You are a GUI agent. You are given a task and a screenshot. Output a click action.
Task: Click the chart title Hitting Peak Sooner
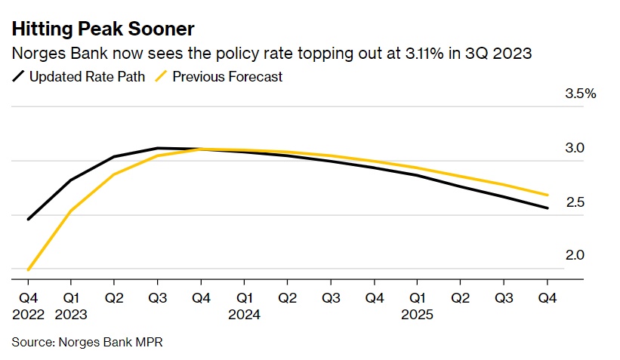103,29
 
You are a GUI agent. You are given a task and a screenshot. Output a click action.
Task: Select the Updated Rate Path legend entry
79,76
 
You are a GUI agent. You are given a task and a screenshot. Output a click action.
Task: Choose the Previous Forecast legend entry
227,76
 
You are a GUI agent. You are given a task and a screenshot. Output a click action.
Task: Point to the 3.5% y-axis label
581,94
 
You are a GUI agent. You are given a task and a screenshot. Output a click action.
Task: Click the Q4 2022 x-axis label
28,306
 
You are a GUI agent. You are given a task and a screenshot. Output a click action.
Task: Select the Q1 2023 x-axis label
71,306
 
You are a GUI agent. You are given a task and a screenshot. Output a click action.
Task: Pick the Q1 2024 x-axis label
245,306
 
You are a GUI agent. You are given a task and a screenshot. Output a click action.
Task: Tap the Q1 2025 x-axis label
418,306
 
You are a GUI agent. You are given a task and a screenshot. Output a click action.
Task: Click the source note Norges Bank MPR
87,342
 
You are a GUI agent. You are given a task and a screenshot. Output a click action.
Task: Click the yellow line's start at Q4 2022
29,269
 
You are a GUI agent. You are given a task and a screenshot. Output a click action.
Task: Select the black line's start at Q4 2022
29,219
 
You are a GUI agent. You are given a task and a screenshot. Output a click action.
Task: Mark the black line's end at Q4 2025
548,208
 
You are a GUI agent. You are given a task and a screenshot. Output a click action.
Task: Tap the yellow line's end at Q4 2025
548,195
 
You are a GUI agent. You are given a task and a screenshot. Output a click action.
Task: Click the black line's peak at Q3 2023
158,148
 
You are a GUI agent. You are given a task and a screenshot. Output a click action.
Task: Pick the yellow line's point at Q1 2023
72,211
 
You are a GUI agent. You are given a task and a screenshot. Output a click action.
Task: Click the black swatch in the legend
19,76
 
